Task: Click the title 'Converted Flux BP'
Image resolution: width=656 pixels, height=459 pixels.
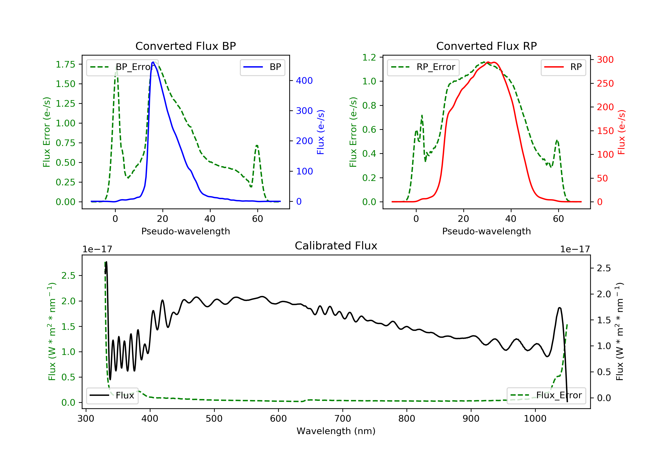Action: (185, 46)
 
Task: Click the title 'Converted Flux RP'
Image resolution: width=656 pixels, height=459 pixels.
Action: (486, 46)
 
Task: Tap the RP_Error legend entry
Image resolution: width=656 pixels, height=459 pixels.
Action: (423, 67)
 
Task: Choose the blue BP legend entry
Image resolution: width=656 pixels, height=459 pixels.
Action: (262, 67)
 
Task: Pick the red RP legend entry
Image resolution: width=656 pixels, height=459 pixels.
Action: (563, 67)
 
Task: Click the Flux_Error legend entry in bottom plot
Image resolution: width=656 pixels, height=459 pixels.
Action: (546, 395)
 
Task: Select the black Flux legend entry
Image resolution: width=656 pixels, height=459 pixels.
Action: (112, 396)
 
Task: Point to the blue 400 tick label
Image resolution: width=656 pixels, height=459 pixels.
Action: (304, 81)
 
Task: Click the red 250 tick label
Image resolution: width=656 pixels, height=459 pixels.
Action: (605, 83)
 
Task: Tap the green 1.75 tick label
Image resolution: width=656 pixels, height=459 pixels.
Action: (65, 64)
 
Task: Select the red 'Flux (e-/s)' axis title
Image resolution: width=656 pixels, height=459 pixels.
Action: (622, 132)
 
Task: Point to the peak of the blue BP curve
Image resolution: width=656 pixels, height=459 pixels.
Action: (153, 62)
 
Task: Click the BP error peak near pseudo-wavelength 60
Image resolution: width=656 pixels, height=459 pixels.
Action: (257, 146)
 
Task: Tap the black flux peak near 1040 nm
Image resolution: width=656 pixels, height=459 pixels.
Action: (559, 308)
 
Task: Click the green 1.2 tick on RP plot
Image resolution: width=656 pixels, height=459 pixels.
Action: (369, 57)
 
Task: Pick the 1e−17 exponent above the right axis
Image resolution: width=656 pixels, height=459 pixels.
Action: (575, 249)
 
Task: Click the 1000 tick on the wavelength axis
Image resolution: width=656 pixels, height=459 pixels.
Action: (535, 419)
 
